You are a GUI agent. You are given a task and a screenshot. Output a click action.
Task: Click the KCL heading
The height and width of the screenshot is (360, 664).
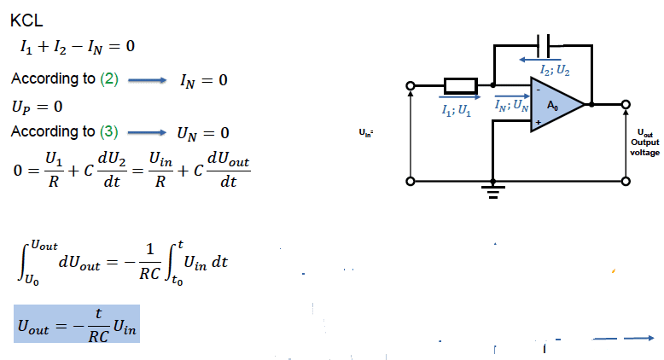click(26, 20)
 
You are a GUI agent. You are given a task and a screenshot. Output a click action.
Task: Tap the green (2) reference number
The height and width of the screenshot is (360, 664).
click(109, 79)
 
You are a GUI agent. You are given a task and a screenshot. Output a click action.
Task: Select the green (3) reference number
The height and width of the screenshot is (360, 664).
click(109, 131)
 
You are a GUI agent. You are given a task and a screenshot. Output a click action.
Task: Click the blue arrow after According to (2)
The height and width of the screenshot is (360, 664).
click(147, 80)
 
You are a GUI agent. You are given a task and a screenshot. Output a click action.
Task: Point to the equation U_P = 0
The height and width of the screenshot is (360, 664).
click(38, 107)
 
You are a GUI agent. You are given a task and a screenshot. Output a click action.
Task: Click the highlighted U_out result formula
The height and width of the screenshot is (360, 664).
click(77, 323)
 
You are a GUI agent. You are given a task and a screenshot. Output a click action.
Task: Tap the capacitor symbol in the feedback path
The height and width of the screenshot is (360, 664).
click(544, 46)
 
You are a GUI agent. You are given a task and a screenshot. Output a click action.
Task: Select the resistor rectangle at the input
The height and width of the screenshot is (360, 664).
click(461, 86)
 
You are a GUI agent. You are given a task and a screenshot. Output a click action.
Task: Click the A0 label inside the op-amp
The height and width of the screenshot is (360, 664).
click(553, 105)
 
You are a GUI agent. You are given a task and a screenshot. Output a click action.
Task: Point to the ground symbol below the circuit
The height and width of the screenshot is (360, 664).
click(493, 191)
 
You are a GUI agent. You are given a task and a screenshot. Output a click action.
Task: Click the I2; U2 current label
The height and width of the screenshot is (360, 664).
click(555, 70)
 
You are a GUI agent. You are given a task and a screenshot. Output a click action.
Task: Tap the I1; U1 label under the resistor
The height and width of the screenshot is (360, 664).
click(456, 110)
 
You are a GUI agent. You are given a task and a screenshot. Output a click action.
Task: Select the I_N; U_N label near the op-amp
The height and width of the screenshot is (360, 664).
click(512, 104)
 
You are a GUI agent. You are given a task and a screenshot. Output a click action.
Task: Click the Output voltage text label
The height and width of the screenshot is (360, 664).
click(645, 148)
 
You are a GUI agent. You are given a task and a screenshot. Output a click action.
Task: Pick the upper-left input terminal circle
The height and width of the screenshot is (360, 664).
click(410, 86)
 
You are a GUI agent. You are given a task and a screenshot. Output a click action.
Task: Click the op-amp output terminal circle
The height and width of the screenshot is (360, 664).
click(626, 104)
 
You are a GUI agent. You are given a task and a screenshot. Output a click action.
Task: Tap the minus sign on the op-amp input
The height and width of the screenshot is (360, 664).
click(539, 90)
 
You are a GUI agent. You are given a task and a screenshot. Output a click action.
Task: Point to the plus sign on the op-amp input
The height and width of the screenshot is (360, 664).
click(539, 122)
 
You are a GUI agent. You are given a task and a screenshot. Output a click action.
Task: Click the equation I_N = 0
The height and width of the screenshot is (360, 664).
click(204, 80)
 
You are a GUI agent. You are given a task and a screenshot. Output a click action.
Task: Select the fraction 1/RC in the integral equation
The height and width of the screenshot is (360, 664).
click(150, 262)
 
